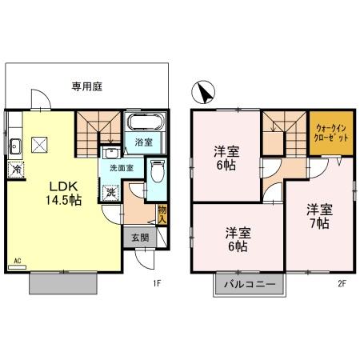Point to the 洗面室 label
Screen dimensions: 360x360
[x=122, y=168]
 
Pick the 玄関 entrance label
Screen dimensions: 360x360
[x=139, y=237]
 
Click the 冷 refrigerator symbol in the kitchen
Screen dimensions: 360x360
[x=15, y=170]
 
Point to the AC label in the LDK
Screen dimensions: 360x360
[x=17, y=262]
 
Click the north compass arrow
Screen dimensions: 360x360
[x=206, y=94]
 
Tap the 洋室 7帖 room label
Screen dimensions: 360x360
[x=318, y=216]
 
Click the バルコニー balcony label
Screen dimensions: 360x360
[x=248, y=285]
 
